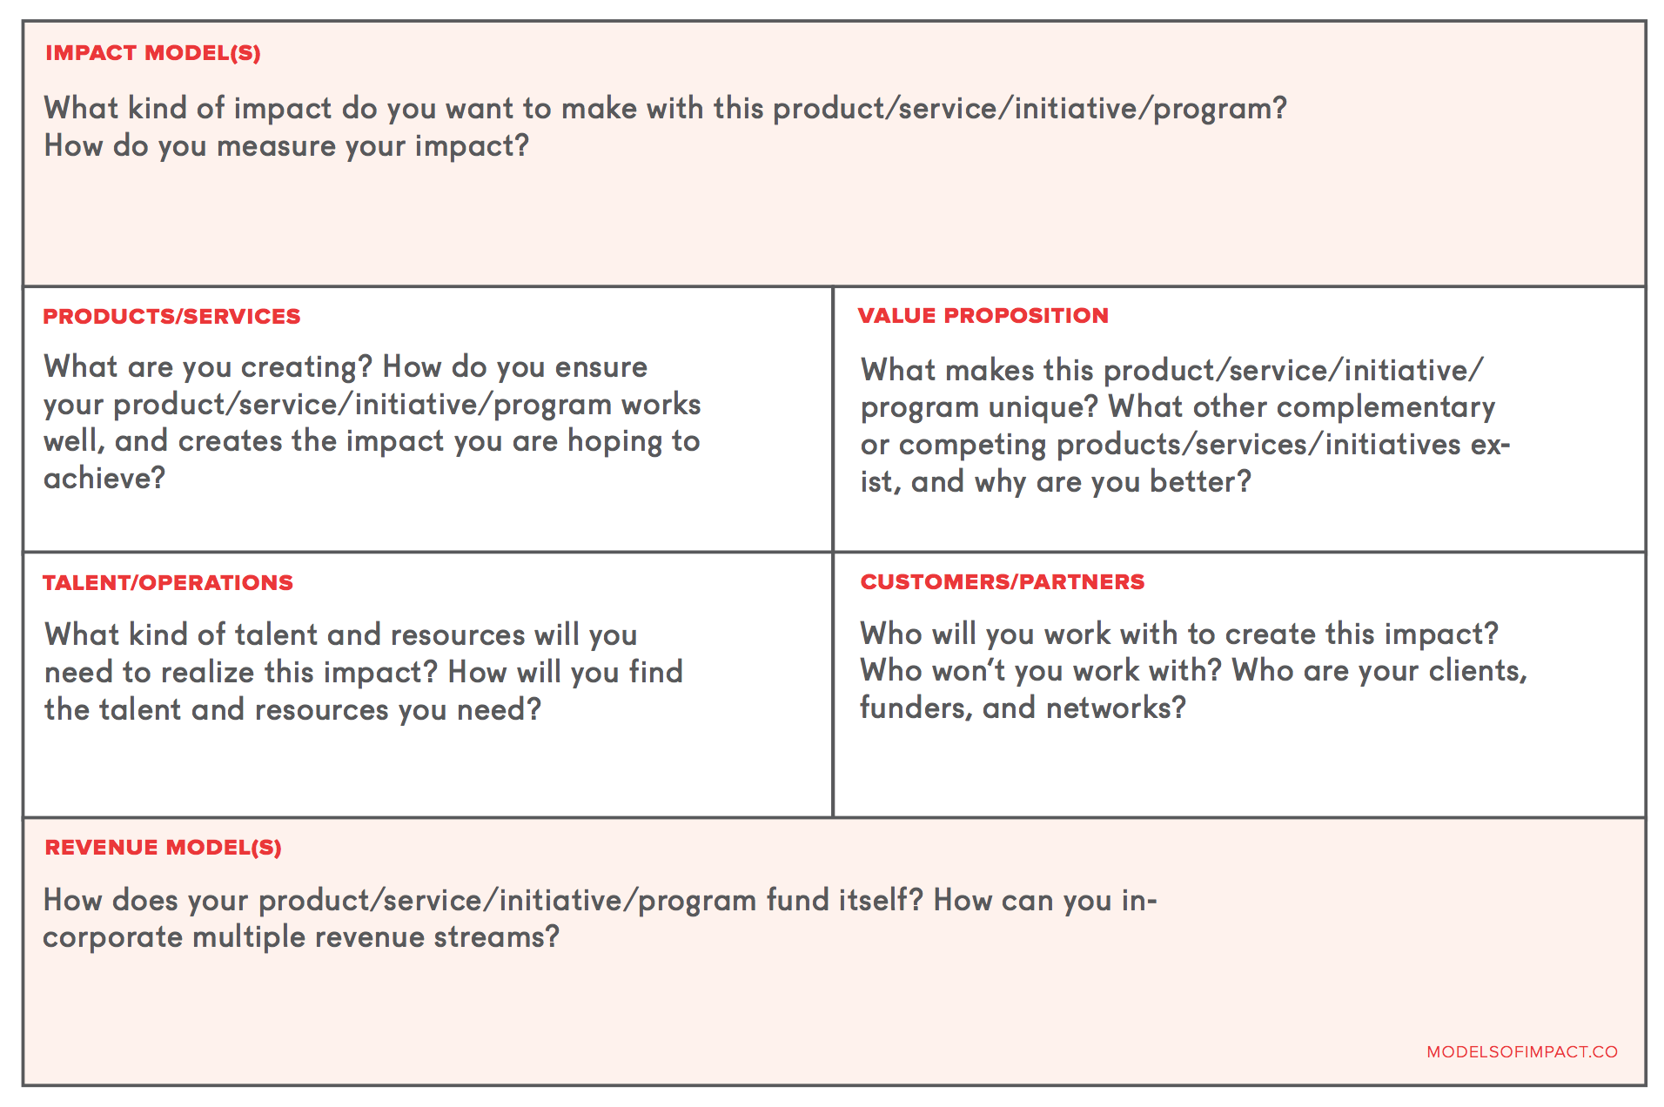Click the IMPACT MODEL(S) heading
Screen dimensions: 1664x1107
(x=153, y=53)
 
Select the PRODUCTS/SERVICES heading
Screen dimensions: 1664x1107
(x=171, y=317)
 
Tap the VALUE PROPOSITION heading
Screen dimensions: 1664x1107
(x=983, y=316)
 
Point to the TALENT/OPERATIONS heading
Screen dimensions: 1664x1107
(x=168, y=583)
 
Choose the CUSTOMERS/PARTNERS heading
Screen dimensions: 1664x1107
(x=1003, y=582)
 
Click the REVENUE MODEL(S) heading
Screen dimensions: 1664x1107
(x=164, y=848)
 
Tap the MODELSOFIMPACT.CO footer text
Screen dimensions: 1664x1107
(x=1522, y=1052)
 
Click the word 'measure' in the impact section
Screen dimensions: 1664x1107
(x=276, y=146)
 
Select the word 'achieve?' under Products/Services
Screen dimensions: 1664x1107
(x=104, y=478)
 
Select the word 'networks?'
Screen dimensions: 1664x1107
(x=1116, y=708)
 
